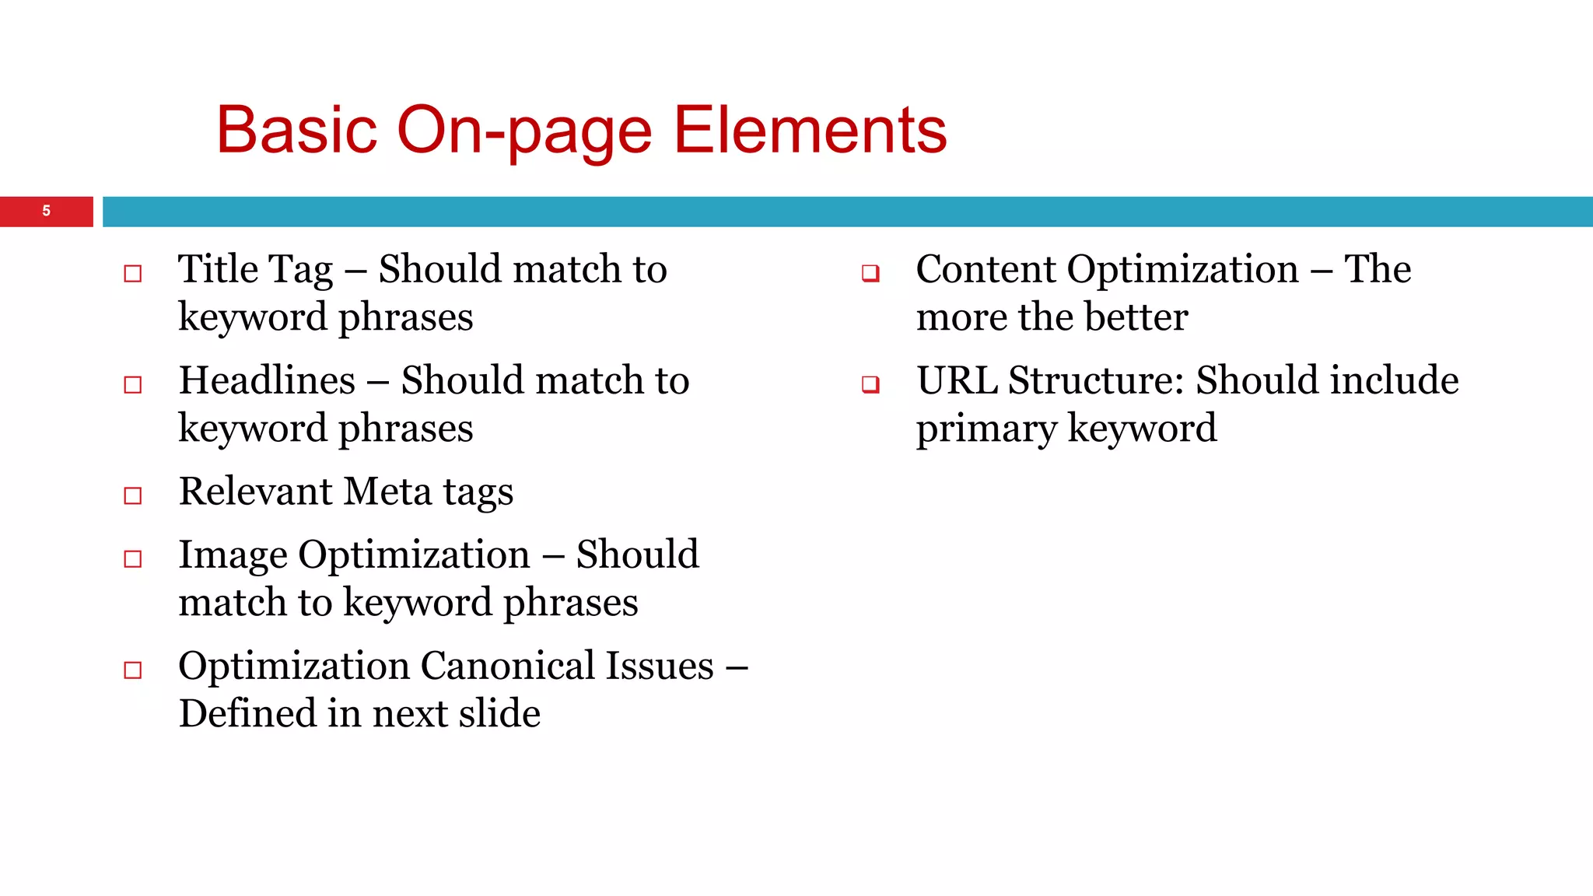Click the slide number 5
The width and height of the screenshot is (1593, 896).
[x=47, y=211]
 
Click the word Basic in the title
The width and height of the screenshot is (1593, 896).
[x=296, y=130]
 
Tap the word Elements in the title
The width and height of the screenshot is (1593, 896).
[x=810, y=130]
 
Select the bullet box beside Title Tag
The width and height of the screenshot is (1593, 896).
[x=133, y=273]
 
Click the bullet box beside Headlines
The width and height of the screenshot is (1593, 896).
[x=133, y=384]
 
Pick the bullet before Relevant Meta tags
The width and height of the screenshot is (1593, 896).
[x=133, y=495]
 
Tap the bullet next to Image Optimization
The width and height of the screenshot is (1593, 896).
[x=133, y=558]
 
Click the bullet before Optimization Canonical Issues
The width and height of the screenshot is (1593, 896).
[x=133, y=670]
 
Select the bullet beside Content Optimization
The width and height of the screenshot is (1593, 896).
[x=870, y=273]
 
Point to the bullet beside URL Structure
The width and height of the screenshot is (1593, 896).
[x=870, y=384]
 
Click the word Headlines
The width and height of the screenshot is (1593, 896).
[x=267, y=380]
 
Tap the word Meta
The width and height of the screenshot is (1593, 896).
[x=387, y=492]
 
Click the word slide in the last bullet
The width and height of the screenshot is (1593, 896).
[x=499, y=713]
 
